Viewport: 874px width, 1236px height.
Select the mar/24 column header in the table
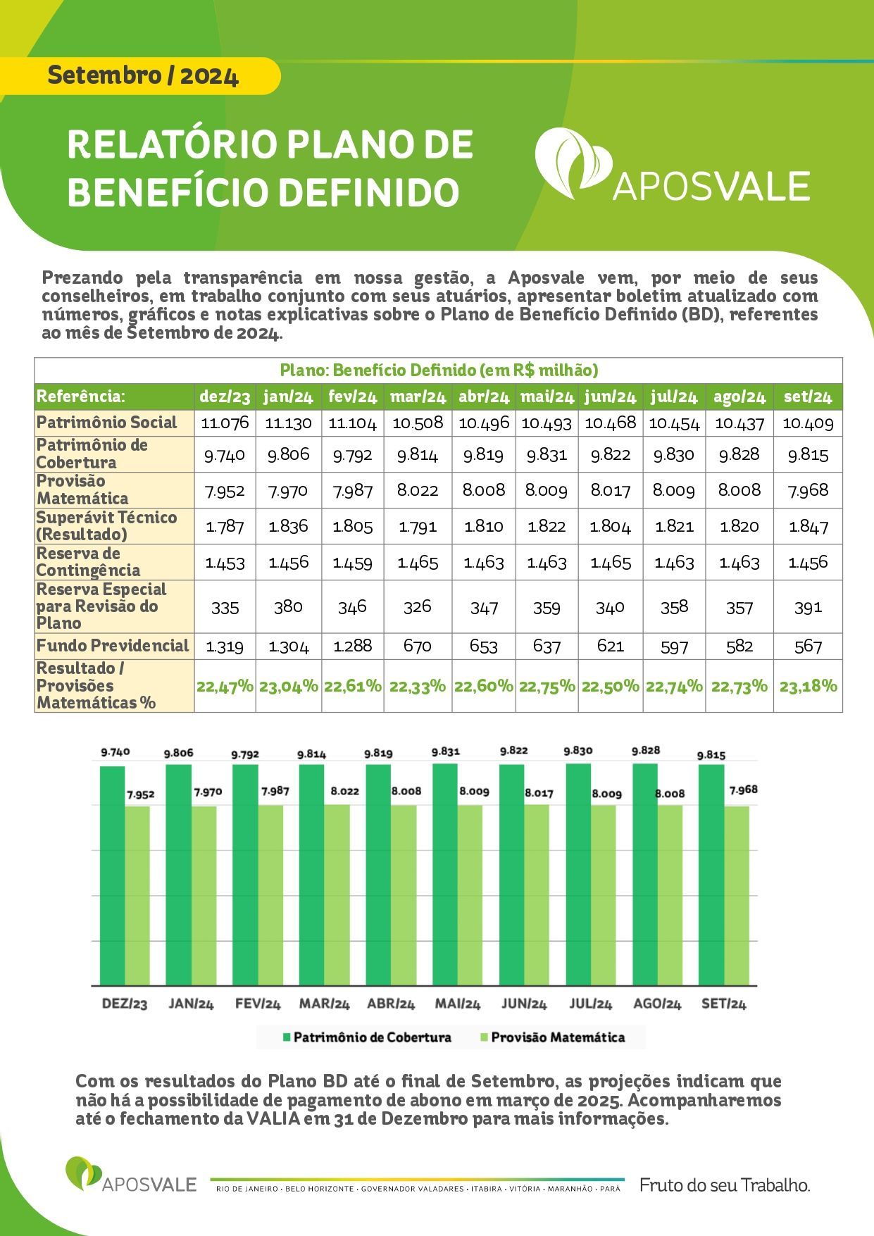[418, 397]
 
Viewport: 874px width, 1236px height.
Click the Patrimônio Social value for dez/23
[225, 423]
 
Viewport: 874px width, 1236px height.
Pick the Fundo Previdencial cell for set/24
[808, 647]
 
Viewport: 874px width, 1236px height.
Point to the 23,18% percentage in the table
[809, 686]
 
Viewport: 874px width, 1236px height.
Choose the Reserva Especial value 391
[808, 607]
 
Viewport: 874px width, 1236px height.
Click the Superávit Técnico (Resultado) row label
[106, 525]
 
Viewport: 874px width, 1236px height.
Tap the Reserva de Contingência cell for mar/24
[418, 563]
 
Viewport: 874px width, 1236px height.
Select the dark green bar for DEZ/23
[113, 875]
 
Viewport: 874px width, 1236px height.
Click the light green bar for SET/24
[737, 895]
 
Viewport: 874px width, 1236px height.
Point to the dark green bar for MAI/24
[445, 874]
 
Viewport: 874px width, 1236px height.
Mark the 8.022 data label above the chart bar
[344, 791]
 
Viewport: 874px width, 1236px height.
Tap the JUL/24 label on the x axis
[590, 1004]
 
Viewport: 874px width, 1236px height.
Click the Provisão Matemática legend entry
[552, 1037]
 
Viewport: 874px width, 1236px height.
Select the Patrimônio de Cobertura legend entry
[367, 1037]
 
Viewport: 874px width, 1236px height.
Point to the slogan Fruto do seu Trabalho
[725, 1185]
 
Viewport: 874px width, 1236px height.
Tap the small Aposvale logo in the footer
[131, 1174]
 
